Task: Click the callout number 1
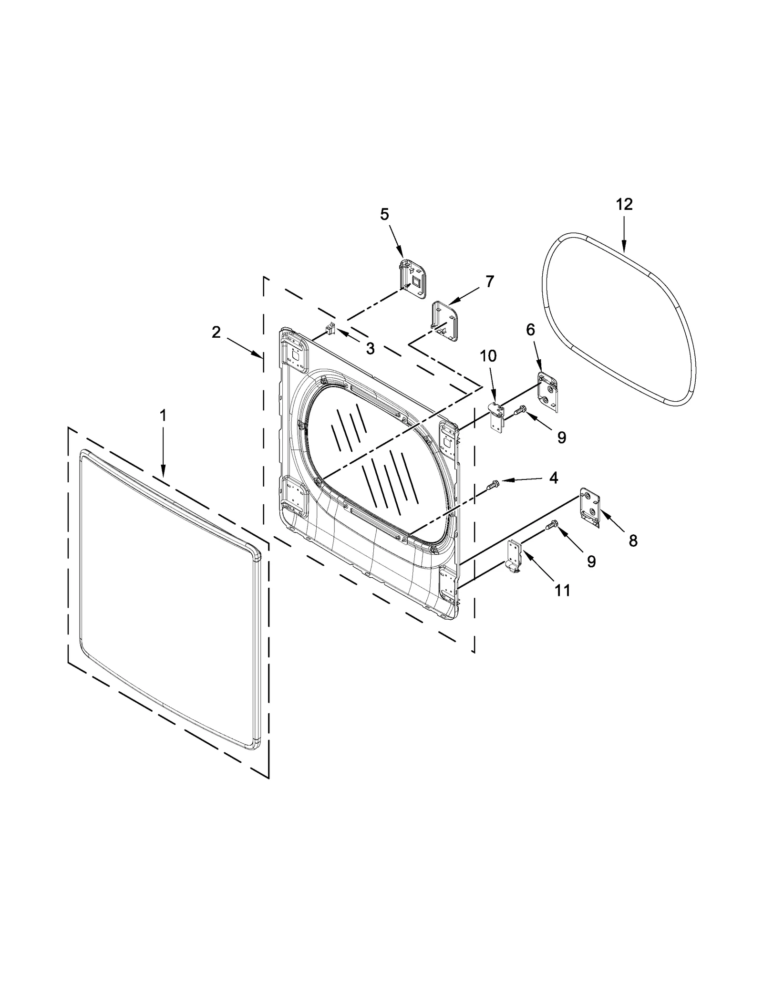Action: click(163, 416)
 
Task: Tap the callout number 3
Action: click(370, 349)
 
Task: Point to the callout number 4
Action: click(553, 478)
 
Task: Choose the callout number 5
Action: click(384, 214)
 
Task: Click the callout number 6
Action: click(531, 330)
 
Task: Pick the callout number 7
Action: click(490, 281)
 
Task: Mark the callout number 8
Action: click(633, 541)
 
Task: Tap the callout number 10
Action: click(488, 356)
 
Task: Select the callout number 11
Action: click(563, 591)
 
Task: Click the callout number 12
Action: click(624, 204)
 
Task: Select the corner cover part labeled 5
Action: click(412, 280)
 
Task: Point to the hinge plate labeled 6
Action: click(548, 392)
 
